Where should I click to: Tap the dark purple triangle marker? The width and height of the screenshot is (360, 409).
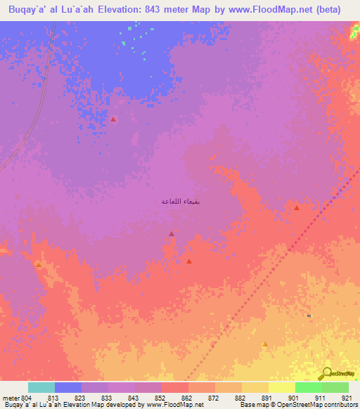click(x=172, y=234)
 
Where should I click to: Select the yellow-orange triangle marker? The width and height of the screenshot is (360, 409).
click(x=264, y=344)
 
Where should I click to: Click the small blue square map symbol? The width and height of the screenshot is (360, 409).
click(x=309, y=316)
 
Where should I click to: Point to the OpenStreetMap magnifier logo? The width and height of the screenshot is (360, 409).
click(x=326, y=373)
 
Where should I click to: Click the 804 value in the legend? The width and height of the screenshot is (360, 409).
click(x=27, y=398)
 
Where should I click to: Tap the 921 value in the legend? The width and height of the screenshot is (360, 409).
click(x=347, y=398)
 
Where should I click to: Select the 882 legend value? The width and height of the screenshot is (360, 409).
click(x=240, y=398)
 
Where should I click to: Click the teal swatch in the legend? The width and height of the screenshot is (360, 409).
click(x=41, y=387)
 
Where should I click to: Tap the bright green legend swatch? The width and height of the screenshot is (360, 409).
click(x=308, y=387)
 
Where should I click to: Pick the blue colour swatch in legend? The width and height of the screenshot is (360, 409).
click(x=68, y=387)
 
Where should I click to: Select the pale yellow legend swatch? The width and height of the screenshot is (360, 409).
click(x=281, y=387)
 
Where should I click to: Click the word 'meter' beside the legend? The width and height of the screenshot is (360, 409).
click(x=11, y=398)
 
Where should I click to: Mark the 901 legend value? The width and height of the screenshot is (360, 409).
click(x=293, y=398)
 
